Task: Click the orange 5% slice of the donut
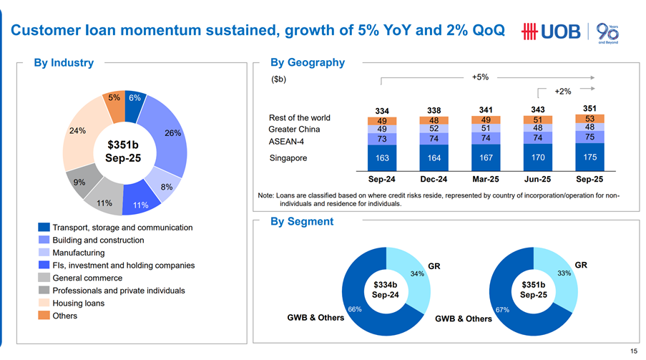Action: tap(114, 98)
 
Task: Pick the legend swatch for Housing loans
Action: tap(44, 303)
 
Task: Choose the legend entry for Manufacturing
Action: tap(79, 253)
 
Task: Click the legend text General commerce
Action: tap(87, 278)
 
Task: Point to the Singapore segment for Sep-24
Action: tap(382, 156)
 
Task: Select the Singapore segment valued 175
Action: tap(589, 156)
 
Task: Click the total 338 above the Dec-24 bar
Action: tap(434, 110)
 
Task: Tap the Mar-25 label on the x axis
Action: tap(486, 179)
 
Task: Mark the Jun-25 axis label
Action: tap(538, 179)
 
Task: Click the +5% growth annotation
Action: tap(480, 77)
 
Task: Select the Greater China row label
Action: tap(294, 130)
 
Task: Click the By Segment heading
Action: tap(302, 222)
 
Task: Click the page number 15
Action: tap(634, 351)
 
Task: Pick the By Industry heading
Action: tap(64, 63)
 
